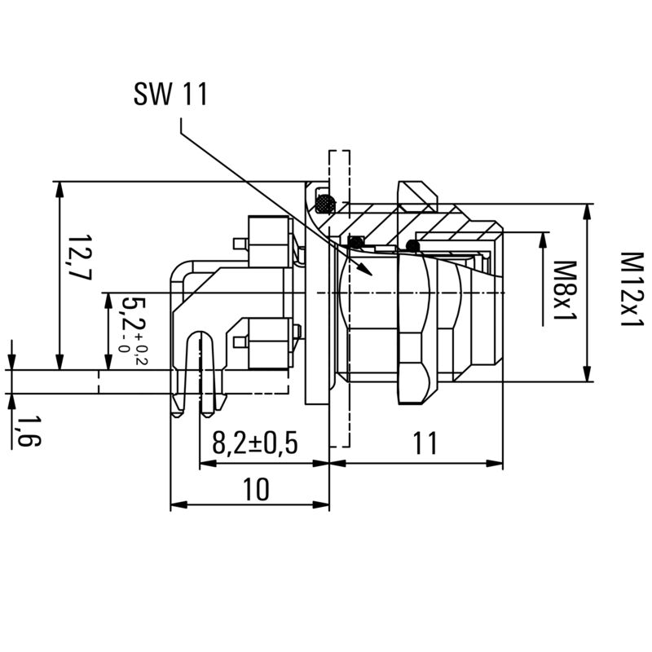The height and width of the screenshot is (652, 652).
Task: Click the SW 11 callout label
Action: pos(170,95)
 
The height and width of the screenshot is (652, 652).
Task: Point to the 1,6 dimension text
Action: pos(30,430)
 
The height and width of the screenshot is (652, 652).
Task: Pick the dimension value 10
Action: pos(255,488)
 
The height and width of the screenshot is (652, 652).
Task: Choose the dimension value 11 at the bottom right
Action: pos(424,443)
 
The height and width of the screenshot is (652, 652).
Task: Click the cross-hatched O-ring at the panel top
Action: pos(325,200)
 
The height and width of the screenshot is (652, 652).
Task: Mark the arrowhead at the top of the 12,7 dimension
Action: pos(59,188)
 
